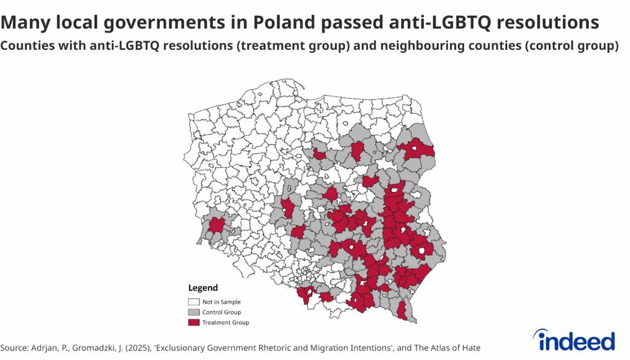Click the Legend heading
202,288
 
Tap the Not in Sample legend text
221,302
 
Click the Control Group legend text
221,312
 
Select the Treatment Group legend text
225,322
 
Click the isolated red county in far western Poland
216,225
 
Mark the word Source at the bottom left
14,348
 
